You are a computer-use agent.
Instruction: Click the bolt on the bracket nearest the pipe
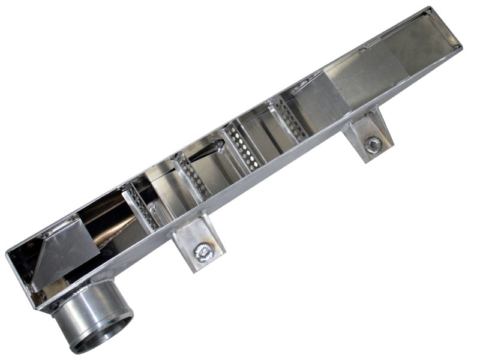click(x=205, y=253)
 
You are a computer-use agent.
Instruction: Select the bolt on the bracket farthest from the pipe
click(x=373, y=145)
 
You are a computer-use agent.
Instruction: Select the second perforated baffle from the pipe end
click(x=193, y=177)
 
